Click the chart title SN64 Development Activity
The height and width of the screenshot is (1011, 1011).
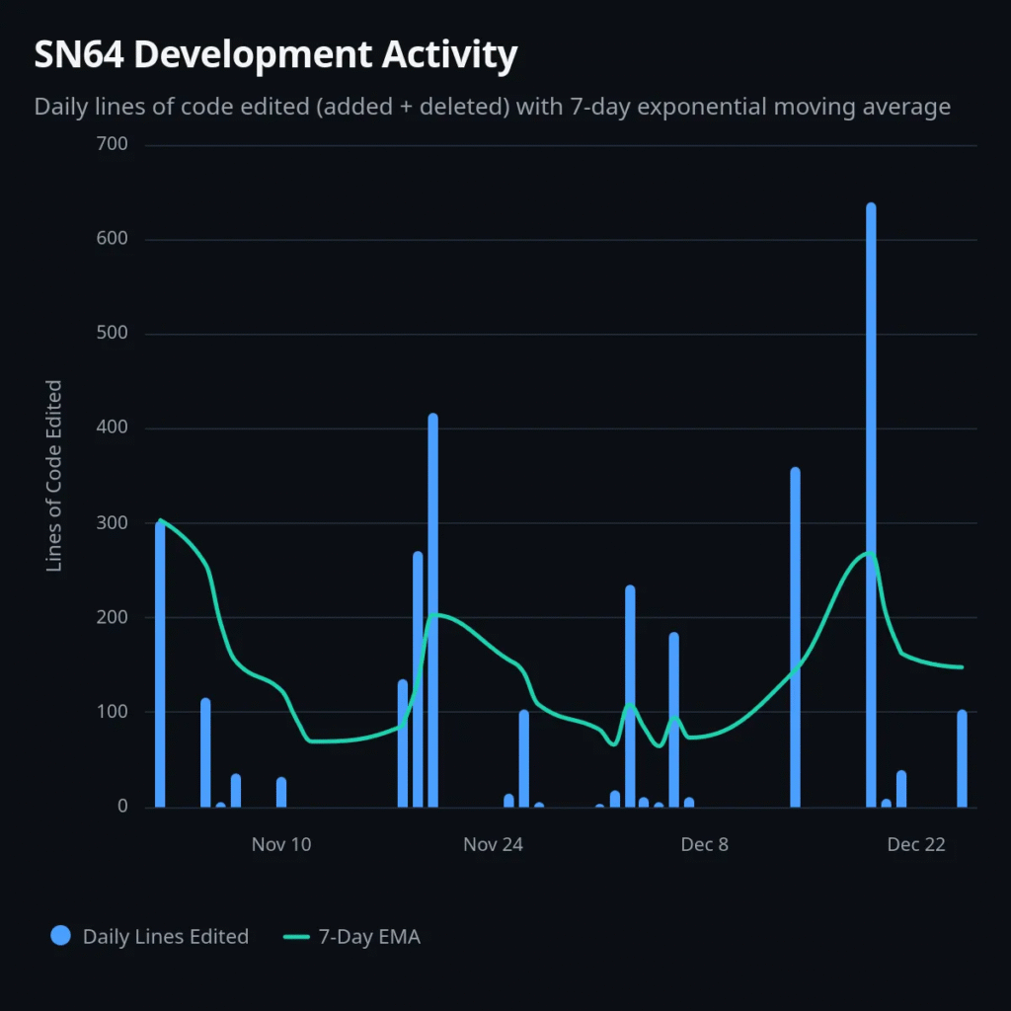tap(275, 55)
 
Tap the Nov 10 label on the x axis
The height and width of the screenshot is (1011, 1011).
tap(281, 844)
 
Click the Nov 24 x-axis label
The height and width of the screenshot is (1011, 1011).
tap(494, 844)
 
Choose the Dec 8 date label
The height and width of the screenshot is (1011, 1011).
tap(705, 844)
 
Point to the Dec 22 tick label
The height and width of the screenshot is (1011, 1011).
tap(916, 844)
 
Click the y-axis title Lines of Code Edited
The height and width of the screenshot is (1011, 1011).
tap(55, 475)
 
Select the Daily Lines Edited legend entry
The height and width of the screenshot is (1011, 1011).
tap(165, 936)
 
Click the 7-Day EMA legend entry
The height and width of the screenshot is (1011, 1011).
tap(369, 936)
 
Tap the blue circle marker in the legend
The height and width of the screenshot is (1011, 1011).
tap(61, 936)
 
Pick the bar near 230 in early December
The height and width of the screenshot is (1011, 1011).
tap(630, 696)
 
